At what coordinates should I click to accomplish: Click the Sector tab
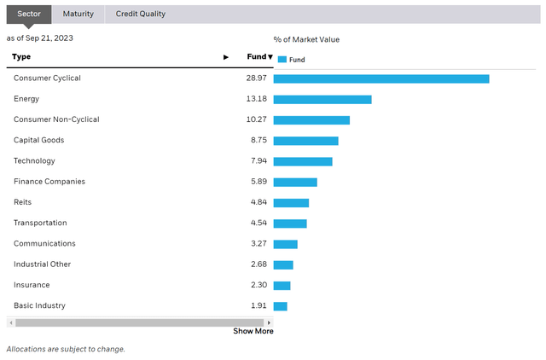(x=29, y=14)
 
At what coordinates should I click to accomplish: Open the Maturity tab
(x=78, y=14)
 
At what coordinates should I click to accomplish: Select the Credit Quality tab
(x=141, y=14)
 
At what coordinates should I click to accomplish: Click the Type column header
(x=22, y=57)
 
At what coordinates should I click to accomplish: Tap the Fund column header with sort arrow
(x=259, y=57)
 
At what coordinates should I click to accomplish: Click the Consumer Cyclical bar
(x=381, y=78)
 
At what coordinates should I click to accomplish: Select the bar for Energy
(x=322, y=99)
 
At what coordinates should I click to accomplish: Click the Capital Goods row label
(x=38, y=140)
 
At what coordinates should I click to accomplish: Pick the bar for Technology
(x=303, y=161)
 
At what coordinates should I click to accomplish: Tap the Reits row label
(x=23, y=202)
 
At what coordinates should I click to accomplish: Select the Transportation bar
(x=290, y=224)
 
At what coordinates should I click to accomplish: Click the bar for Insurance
(x=282, y=285)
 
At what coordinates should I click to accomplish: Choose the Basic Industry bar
(x=281, y=306)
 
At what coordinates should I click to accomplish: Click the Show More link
(x=253, y=331)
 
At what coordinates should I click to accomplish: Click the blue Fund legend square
(x=282, y=60)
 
